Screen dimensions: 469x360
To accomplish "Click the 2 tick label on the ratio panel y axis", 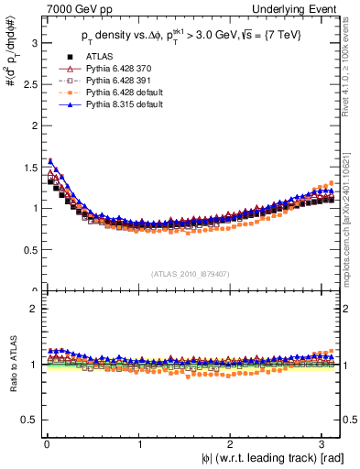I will (31, 309).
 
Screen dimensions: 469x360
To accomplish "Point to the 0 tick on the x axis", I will (46, 444).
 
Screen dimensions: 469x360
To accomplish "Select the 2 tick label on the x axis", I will (234, 444).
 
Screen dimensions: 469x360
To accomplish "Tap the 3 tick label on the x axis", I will (327, 444).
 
